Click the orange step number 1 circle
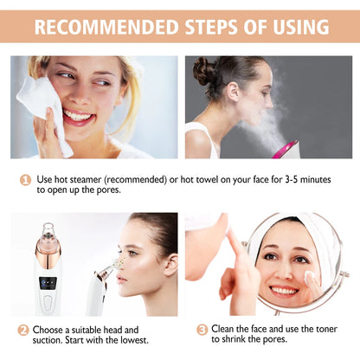pyautogui.click(x=26, y=179)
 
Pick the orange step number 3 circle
pyautogui.click(x=202, y=330)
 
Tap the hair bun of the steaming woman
pyautogui.click(x=205, y=70)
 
